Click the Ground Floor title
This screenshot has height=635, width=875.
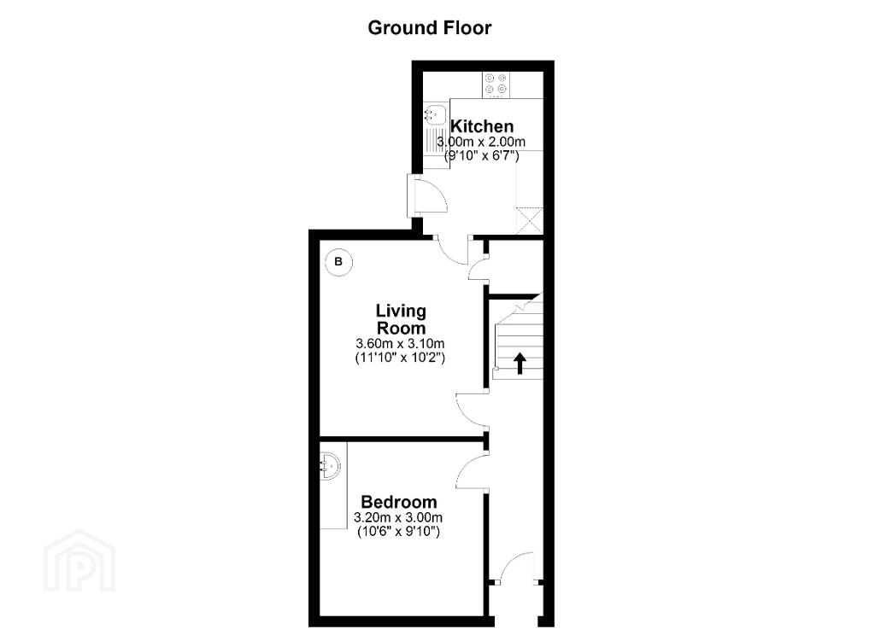click(x=429, y=28)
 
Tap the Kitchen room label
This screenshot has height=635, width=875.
click(x=482, y=126)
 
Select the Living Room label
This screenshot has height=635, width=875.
click(x=401, y=319)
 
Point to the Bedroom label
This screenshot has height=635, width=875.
click(x=398, y=502)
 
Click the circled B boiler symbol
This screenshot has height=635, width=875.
click(x=338, y=261)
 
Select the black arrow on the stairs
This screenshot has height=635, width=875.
click(x=520, y=363)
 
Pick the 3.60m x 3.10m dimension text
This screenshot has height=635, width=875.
click(x=400, y=343)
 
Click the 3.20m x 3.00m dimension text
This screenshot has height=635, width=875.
click(x=398, y=518)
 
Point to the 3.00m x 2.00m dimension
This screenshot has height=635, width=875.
click(x=481, y=142)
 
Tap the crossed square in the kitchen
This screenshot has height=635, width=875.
click(x=529, y=221)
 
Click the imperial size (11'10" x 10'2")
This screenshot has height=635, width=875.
click(x=400, y=358)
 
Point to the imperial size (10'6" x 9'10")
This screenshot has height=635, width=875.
click(x=398, y=532)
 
